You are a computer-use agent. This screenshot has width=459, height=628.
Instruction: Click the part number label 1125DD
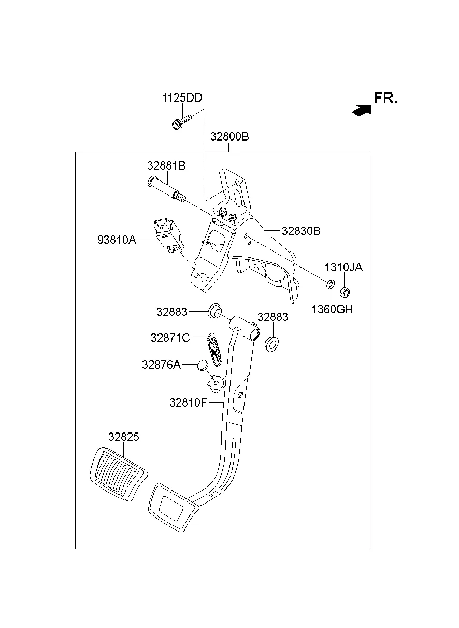pos(182,98)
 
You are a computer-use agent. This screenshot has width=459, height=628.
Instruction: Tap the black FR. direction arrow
pos(362,109)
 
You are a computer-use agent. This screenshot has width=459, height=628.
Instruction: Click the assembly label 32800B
pos(229,137)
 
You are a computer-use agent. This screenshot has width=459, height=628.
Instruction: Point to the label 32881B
pos(166,166)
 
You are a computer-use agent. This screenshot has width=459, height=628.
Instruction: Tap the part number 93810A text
pos(117,240)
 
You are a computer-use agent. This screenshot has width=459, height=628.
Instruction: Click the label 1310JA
pos(343,268)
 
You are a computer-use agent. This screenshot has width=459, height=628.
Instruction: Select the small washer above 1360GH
pos(329,284)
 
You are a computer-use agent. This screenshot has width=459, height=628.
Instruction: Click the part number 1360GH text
pos(332,310)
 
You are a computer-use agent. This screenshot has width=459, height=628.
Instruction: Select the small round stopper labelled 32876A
pos(202,366)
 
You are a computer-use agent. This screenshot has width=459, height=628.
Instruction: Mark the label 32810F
pos(188,402)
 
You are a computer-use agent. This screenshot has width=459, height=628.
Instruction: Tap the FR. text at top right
pos(385,99)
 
